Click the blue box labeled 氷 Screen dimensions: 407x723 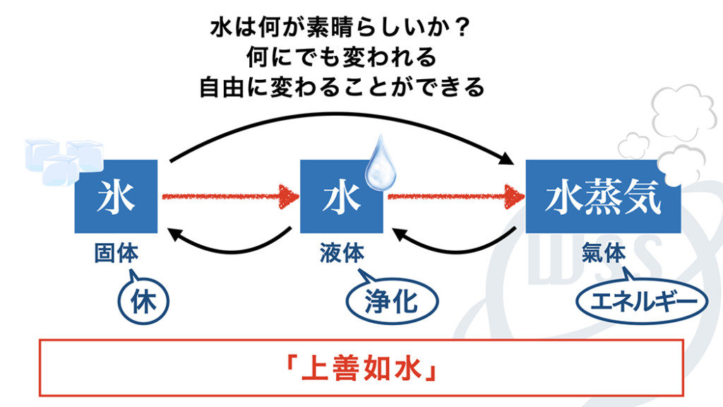[x=115, y=196]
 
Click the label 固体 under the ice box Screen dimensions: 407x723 [x=116, y=254]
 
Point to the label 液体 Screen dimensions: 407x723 [x=342, y=254]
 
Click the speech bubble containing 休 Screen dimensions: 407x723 [x=141, y=300]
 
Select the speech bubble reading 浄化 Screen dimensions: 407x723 [x=391, y=302]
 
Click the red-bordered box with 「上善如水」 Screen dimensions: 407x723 [x=361, y=367]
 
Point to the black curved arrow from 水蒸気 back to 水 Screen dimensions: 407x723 [x=452, y=242]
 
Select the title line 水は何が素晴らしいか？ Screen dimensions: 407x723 [x=341, y=29]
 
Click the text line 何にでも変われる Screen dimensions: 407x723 [x=341, y=58]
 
